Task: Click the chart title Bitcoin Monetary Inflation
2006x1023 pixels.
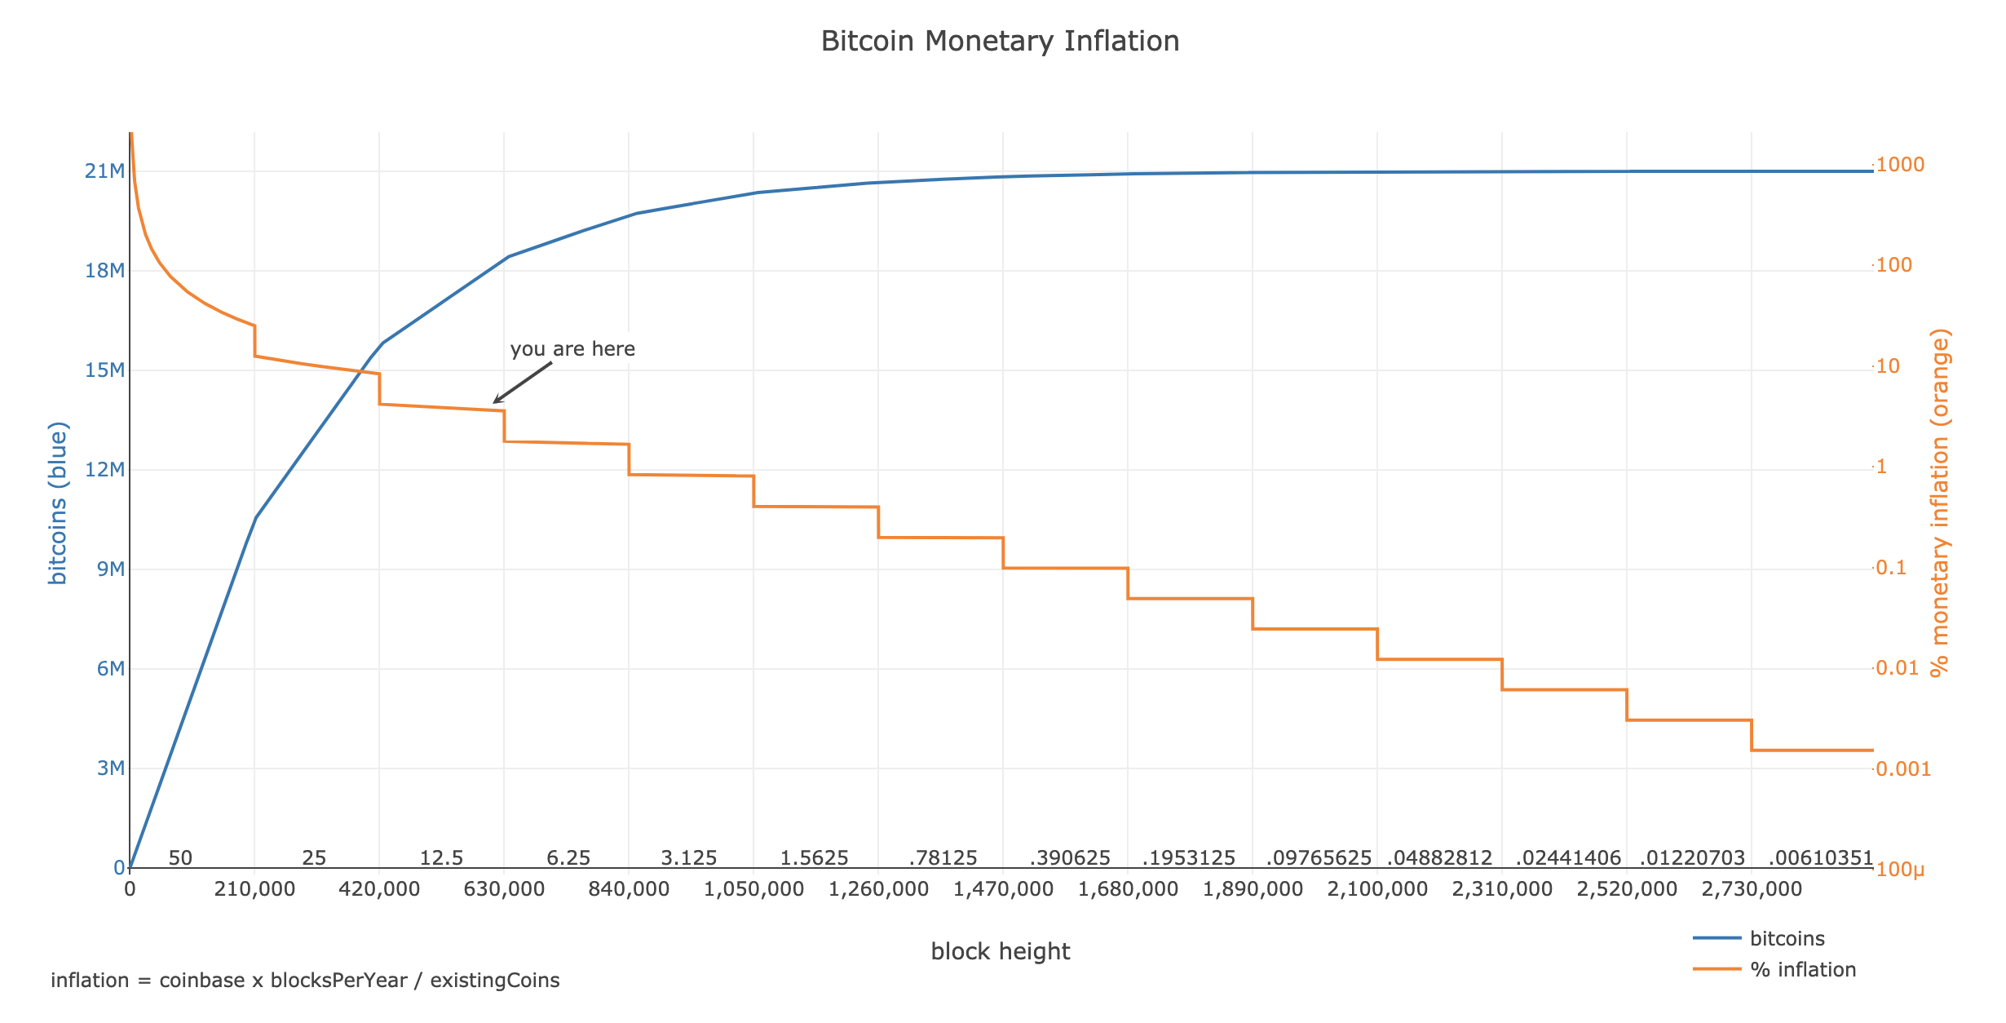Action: click(1000, 42)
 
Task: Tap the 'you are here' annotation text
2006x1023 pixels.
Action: click(572, 349)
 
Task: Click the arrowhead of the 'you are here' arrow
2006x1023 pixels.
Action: click(495, 402)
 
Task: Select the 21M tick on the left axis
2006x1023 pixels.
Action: click(104, 171)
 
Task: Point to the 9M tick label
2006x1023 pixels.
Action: click(110, 569)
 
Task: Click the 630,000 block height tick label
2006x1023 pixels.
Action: click(504, 889)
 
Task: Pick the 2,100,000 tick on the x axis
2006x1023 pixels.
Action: click(1377, 889)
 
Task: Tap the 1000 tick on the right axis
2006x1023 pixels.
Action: click(1899, 165)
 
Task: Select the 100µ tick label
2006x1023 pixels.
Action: click(1900, 870)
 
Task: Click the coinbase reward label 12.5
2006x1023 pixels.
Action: click(441, 858)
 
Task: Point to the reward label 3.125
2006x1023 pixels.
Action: click(689, 858)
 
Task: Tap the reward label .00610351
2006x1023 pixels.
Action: click(1820, 858)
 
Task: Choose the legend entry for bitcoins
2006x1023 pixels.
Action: click(1786, 938)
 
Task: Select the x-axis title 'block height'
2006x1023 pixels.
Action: click(1000, 951)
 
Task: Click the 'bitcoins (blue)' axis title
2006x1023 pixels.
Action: click(58, 503)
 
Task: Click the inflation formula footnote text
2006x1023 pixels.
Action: click(305, 981)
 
